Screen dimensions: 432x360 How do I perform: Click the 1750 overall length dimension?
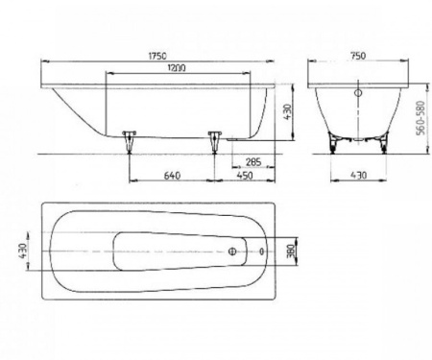point(157,56)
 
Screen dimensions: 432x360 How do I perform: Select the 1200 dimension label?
point(177,68)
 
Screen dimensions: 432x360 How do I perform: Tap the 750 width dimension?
point(358,56)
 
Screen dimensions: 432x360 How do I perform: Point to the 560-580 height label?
point(421,118)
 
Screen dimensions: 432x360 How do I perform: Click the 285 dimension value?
point(253,162)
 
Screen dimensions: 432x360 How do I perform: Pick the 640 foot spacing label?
point(172,176)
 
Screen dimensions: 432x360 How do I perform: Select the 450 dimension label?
point(245,176)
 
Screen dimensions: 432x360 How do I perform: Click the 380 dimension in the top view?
point(291,252)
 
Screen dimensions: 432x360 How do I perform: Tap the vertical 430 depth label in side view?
point(287,111)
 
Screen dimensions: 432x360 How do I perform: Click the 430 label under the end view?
point(358,175)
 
